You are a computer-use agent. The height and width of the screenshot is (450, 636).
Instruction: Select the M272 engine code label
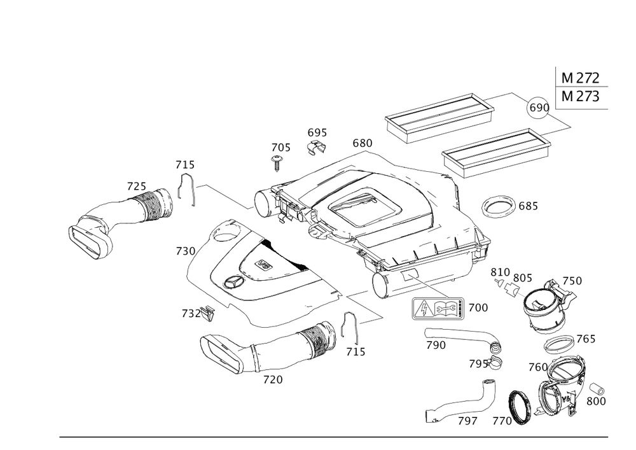580,78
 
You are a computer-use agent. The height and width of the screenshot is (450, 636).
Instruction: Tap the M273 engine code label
580,97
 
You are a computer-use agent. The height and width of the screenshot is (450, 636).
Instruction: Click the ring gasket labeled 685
499,207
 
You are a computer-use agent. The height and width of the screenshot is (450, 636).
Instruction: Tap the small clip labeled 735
206,313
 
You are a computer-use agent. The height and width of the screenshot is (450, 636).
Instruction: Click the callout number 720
272,380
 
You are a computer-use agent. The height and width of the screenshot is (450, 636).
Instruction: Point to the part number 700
478,308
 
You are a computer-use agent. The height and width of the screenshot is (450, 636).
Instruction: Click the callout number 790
435,344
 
